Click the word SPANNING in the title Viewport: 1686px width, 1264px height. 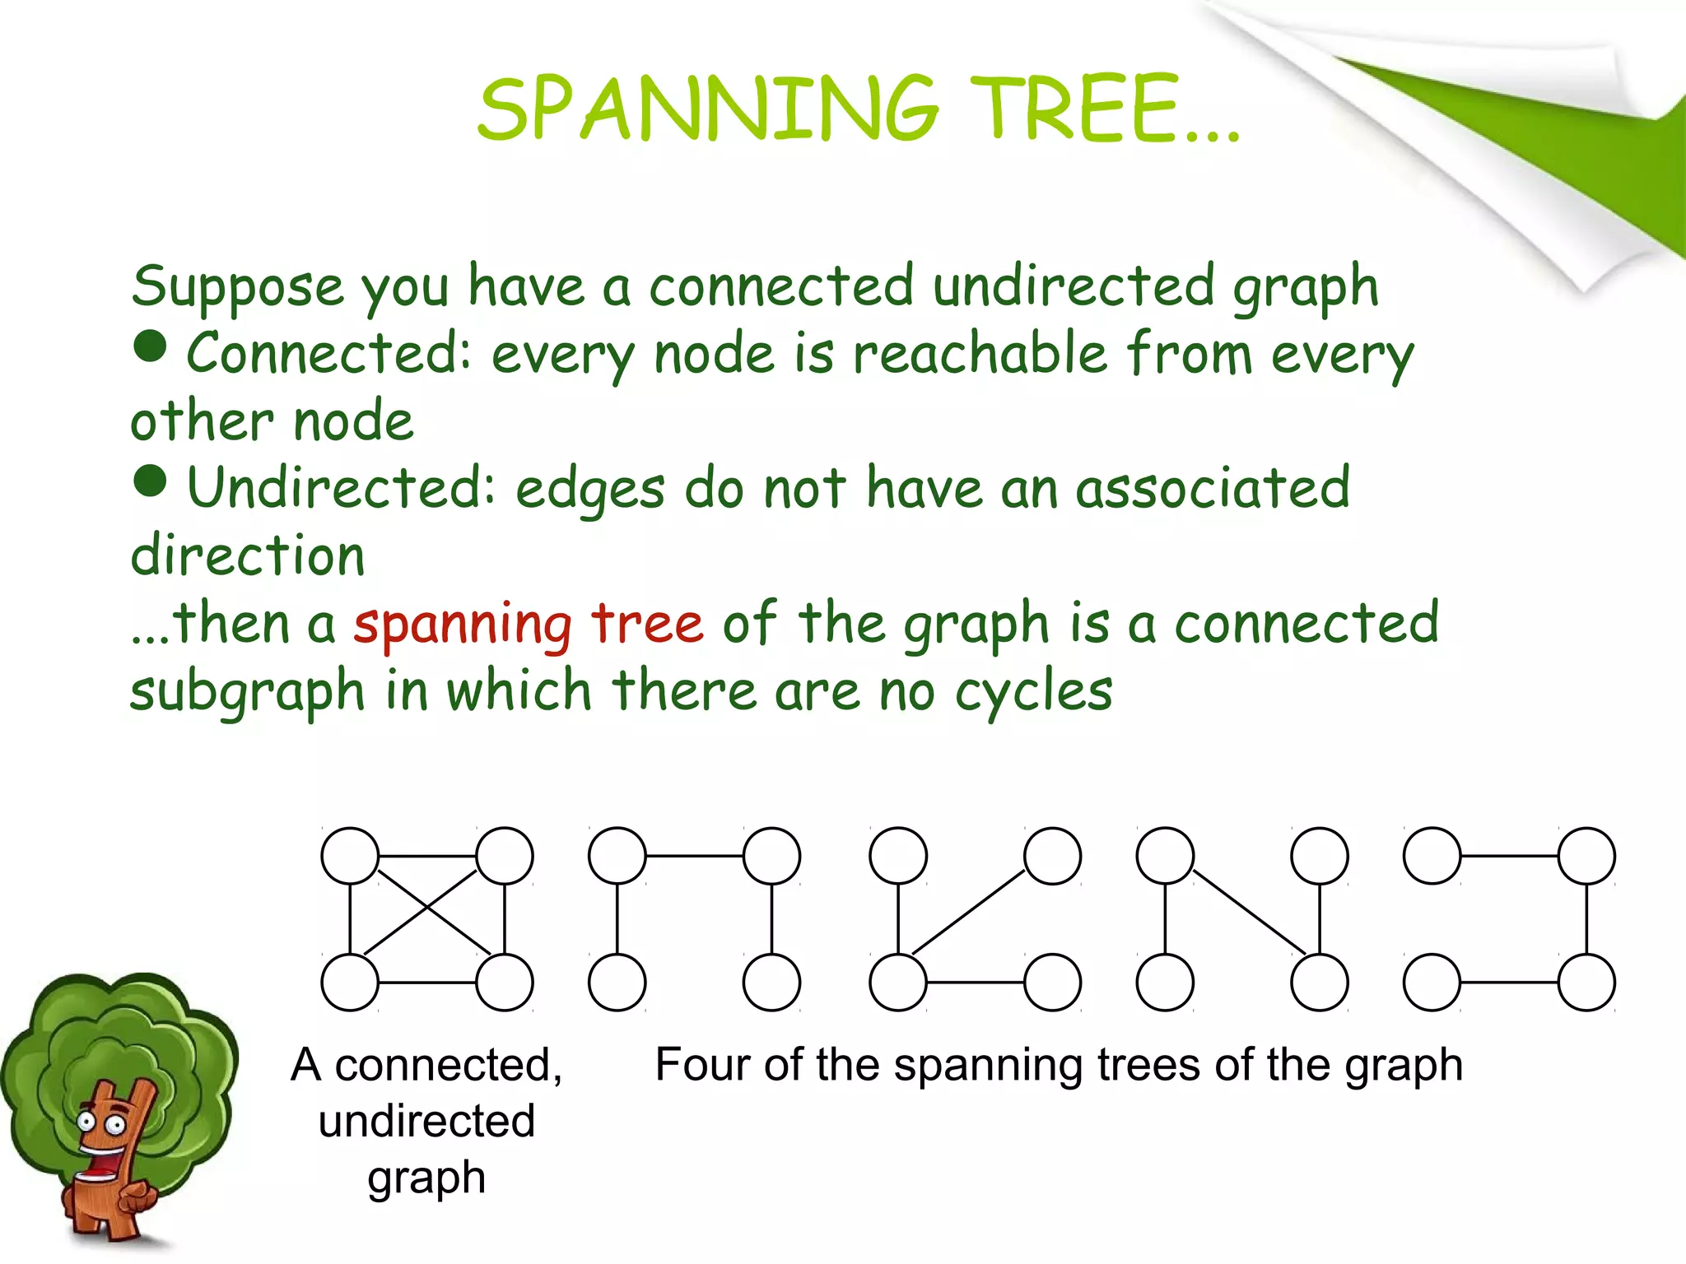(x=708, y=109)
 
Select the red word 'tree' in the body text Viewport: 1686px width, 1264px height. (x=647, y=624)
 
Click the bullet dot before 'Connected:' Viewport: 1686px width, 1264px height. (x=151, y=346)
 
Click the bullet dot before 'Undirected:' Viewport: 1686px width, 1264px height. (x=151, y=481)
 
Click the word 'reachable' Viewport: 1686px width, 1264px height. (x=980, y=354)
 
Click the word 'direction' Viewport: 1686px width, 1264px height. (x=248, y=555)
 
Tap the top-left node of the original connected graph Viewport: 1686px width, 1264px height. (x=350, y=856)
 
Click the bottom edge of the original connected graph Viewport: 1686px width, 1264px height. (x=427, y=983)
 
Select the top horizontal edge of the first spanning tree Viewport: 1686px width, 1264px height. (x=694, y=856)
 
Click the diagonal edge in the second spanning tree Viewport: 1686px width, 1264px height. (x=970, y=911)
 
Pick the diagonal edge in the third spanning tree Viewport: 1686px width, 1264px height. (x=1249, y=911)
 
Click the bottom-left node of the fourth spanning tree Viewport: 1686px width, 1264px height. (x=1432, y=983)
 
